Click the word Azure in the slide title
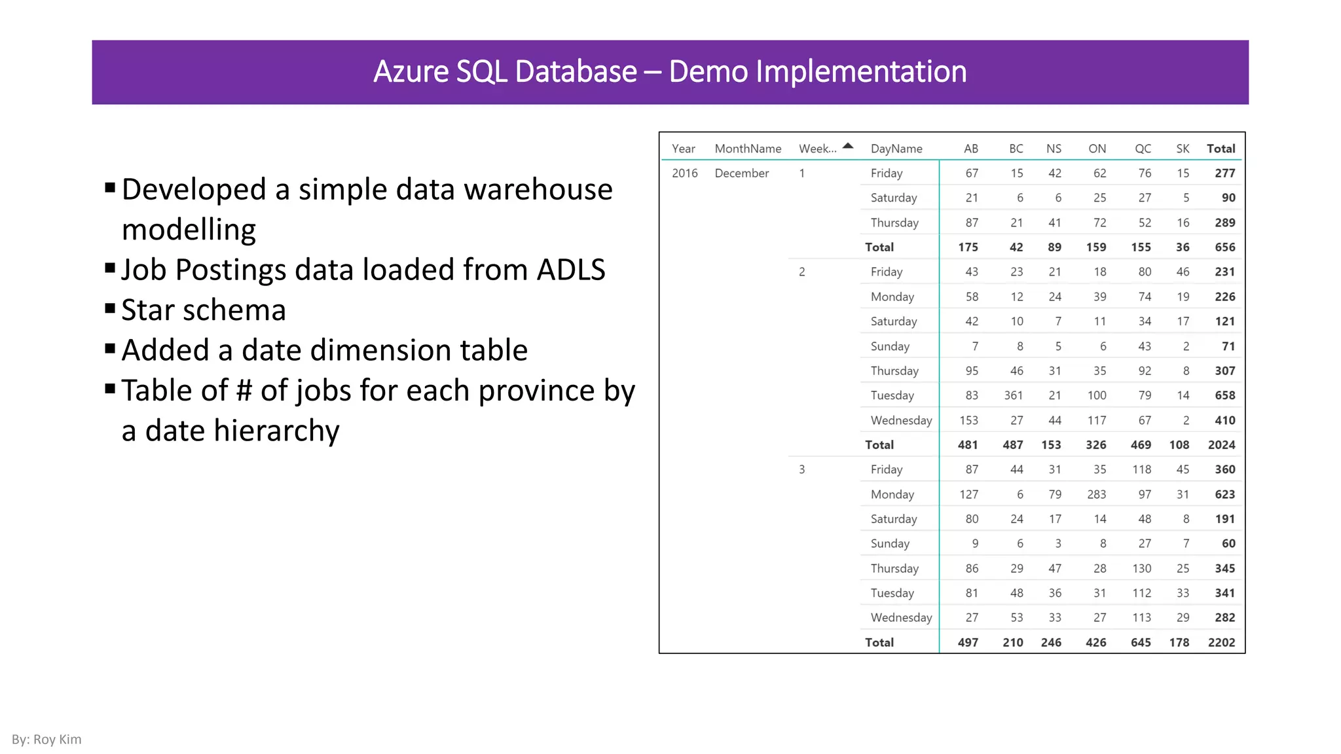pos(411,71)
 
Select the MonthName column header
pos(748,149)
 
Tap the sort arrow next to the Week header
pos(848,146)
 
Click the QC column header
pos(1143,149)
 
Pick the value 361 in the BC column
pos(1013,395)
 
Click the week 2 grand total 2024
pos(1221,445)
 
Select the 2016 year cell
pos(684,173)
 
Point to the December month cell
pos(741,173)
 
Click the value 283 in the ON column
pos(1096,494)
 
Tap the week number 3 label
pos(801,469)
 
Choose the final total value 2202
pos(1221,643)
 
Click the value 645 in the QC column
pos(1141,643)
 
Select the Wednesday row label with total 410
pos(901,420)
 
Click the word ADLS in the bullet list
pos(571,270)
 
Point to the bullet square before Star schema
pos(110,308)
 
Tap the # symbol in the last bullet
pos(244,391)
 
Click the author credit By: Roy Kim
pos(46,740)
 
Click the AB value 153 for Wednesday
pos(968,420)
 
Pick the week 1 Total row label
pos(879,247)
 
